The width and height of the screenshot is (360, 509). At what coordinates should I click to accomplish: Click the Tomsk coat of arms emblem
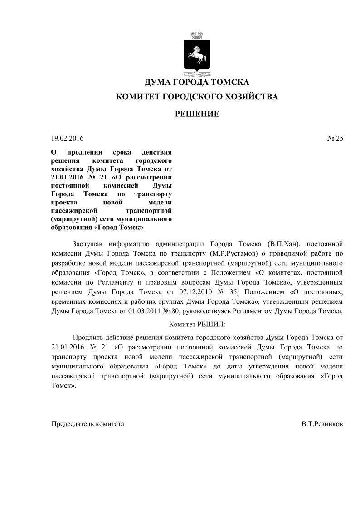tap(197, 53)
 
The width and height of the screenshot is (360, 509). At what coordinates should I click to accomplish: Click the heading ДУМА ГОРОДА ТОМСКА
tap(197, 82)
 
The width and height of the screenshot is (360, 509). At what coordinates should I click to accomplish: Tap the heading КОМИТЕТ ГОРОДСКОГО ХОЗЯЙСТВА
tap(197, 97)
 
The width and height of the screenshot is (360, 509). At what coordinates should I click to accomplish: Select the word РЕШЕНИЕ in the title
tap(197, 114)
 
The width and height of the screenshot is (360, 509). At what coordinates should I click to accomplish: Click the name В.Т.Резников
tap(322, 424)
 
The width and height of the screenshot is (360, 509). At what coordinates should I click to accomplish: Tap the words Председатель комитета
tap(88, 424)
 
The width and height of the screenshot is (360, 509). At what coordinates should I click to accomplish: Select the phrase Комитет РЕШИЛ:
tap(197, 325)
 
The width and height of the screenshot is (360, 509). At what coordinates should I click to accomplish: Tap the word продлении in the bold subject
tap(83, 153)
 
